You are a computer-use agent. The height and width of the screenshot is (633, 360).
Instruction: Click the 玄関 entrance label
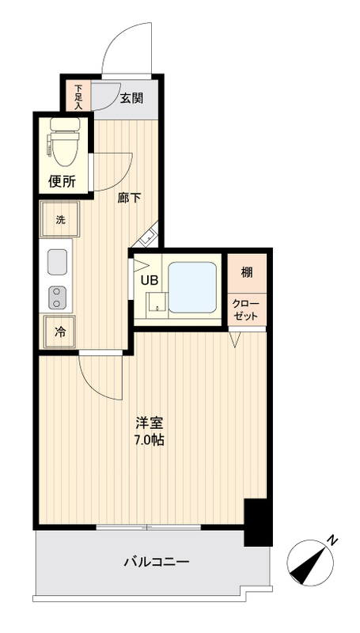click(132, 98)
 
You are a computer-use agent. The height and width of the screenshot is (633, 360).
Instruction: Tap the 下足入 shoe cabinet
click(79, 96)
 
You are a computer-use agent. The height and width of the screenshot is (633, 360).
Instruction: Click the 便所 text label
click(62, 181)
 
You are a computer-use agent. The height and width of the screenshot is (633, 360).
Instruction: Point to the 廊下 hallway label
click(129, 198)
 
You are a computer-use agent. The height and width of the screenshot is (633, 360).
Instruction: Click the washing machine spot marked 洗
click(60, 220)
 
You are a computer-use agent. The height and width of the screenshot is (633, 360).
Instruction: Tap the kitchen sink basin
click(57, 261)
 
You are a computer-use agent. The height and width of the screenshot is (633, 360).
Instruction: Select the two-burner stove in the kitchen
click(57, 297)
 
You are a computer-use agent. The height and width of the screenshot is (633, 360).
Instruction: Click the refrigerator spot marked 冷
click(60, 332)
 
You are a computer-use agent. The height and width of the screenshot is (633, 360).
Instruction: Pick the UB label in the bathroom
click(149, 279)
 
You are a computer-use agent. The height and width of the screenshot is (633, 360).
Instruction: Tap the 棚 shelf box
click(248, 273)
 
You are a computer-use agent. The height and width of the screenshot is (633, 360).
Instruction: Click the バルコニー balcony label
click(155, 563)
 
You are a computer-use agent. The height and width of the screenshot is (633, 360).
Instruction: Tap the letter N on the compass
click(333, 540)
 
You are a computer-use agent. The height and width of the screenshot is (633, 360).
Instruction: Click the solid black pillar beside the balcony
click(257, 522)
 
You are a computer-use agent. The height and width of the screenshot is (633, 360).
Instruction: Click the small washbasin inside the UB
click(155, 303)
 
